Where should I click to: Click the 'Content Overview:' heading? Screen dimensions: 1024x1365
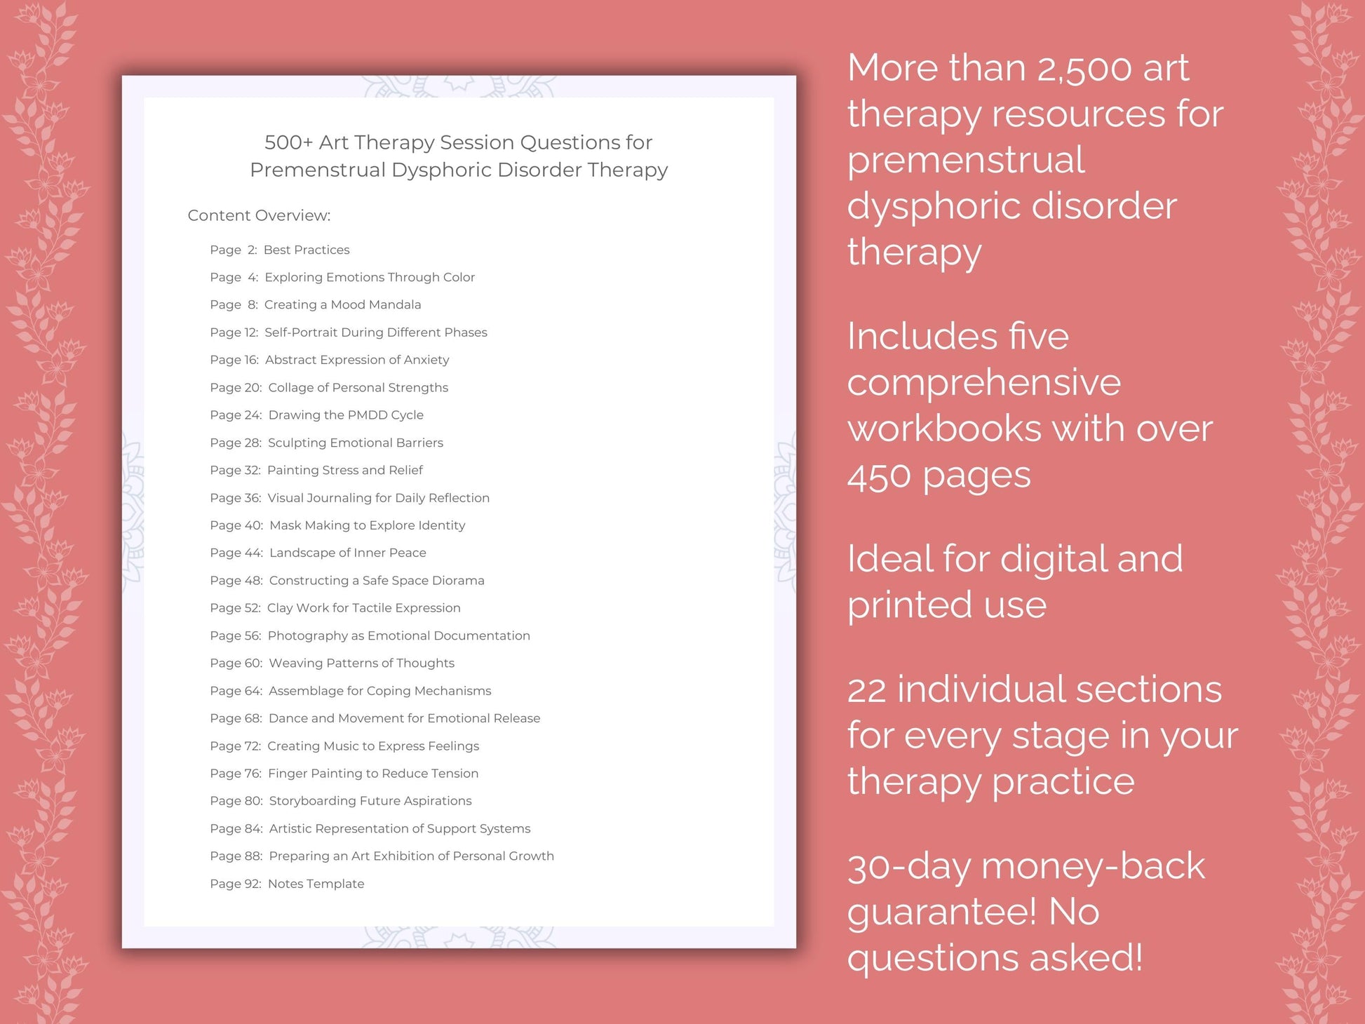coord(259,215)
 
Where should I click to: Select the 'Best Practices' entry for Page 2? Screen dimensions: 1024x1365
coord(307,250)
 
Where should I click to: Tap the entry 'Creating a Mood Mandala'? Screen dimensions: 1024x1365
coord(342,304)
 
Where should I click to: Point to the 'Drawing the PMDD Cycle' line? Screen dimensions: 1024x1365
coord(346,415)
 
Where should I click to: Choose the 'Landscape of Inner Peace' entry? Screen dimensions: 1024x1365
coord(347,553)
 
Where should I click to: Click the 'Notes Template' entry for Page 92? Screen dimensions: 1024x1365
coord(316,884)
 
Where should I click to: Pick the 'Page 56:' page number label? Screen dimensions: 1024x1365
coord(235,635)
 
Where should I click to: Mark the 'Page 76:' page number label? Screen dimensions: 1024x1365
coord(235,773)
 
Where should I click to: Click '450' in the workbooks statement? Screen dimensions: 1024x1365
coord(880,476)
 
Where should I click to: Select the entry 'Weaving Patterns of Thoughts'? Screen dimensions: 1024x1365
coord(361,663)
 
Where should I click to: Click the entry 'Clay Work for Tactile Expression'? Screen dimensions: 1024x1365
coord(363,608)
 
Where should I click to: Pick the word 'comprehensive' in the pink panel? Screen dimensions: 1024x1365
coord(984,383)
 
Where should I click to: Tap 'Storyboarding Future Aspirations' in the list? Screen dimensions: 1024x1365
coord(370,801)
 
